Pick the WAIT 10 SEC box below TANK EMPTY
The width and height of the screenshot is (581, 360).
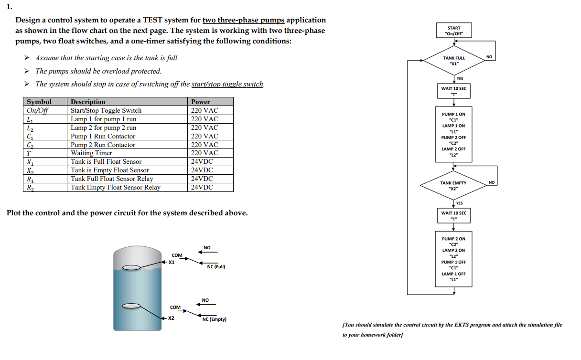453,216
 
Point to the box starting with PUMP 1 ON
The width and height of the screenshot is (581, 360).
453,131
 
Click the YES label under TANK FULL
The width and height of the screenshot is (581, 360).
460,78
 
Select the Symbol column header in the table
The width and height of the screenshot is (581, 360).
39,102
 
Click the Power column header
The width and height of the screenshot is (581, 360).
201,102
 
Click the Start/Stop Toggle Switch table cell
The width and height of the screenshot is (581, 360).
106,110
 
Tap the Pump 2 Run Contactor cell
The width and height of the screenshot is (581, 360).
103,145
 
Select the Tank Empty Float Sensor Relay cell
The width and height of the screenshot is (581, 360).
115,187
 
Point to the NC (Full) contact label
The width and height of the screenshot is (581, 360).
216,267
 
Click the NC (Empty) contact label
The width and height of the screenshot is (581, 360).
215,319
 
